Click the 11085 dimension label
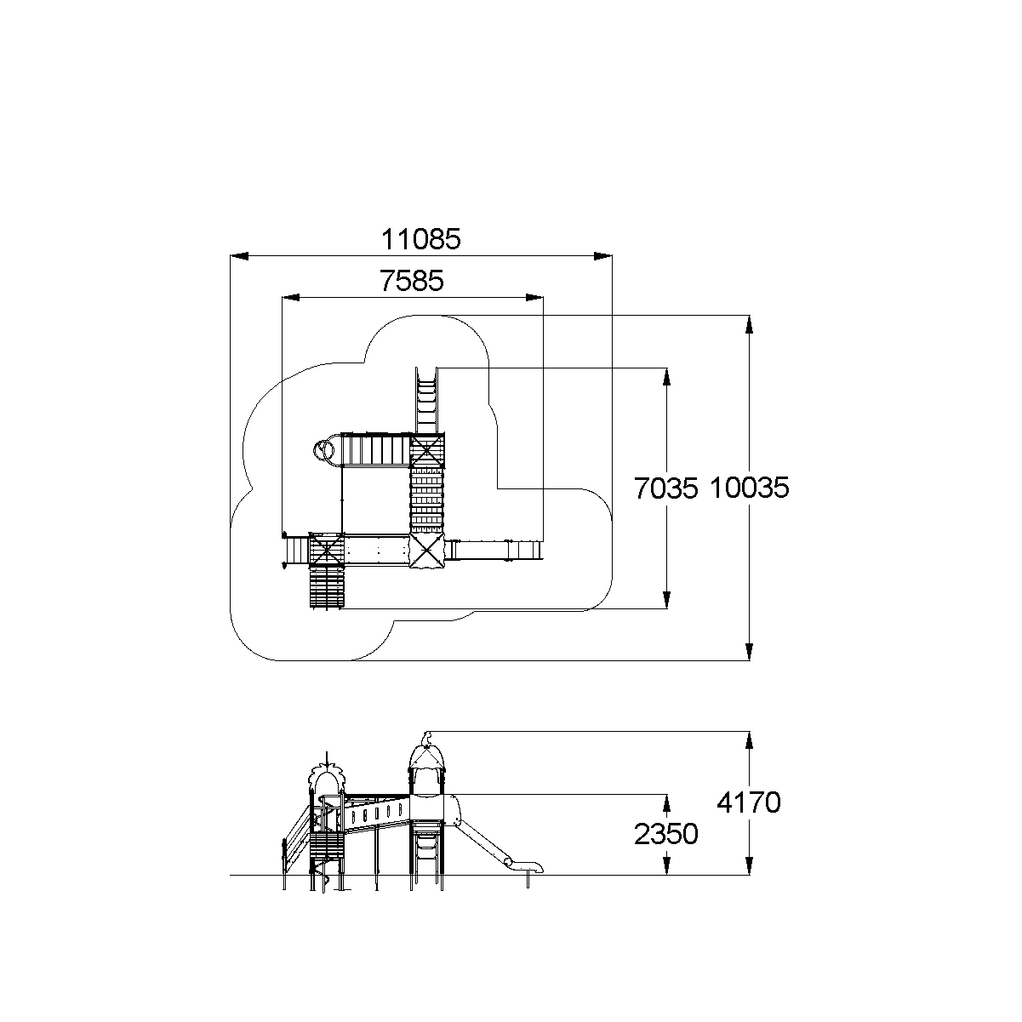click(421, 239)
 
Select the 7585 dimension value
click(412, 281)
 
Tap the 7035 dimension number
click(666, 488)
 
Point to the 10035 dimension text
click(750, 488)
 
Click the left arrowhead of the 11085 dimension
click(239, 256)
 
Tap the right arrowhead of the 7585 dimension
click(534, 298)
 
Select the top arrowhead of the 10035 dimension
click(749, 324)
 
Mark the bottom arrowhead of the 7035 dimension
click(666, 600)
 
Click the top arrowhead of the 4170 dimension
click(749, 740)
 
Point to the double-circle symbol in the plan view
click(323, 450)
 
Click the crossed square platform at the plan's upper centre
click(427, 450)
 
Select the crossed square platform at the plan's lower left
click(326, 550)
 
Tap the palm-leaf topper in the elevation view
click(328, 775)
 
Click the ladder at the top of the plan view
click(426, 401)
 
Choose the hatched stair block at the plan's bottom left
click(328, 588)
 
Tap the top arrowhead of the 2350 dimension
click(666, 803)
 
